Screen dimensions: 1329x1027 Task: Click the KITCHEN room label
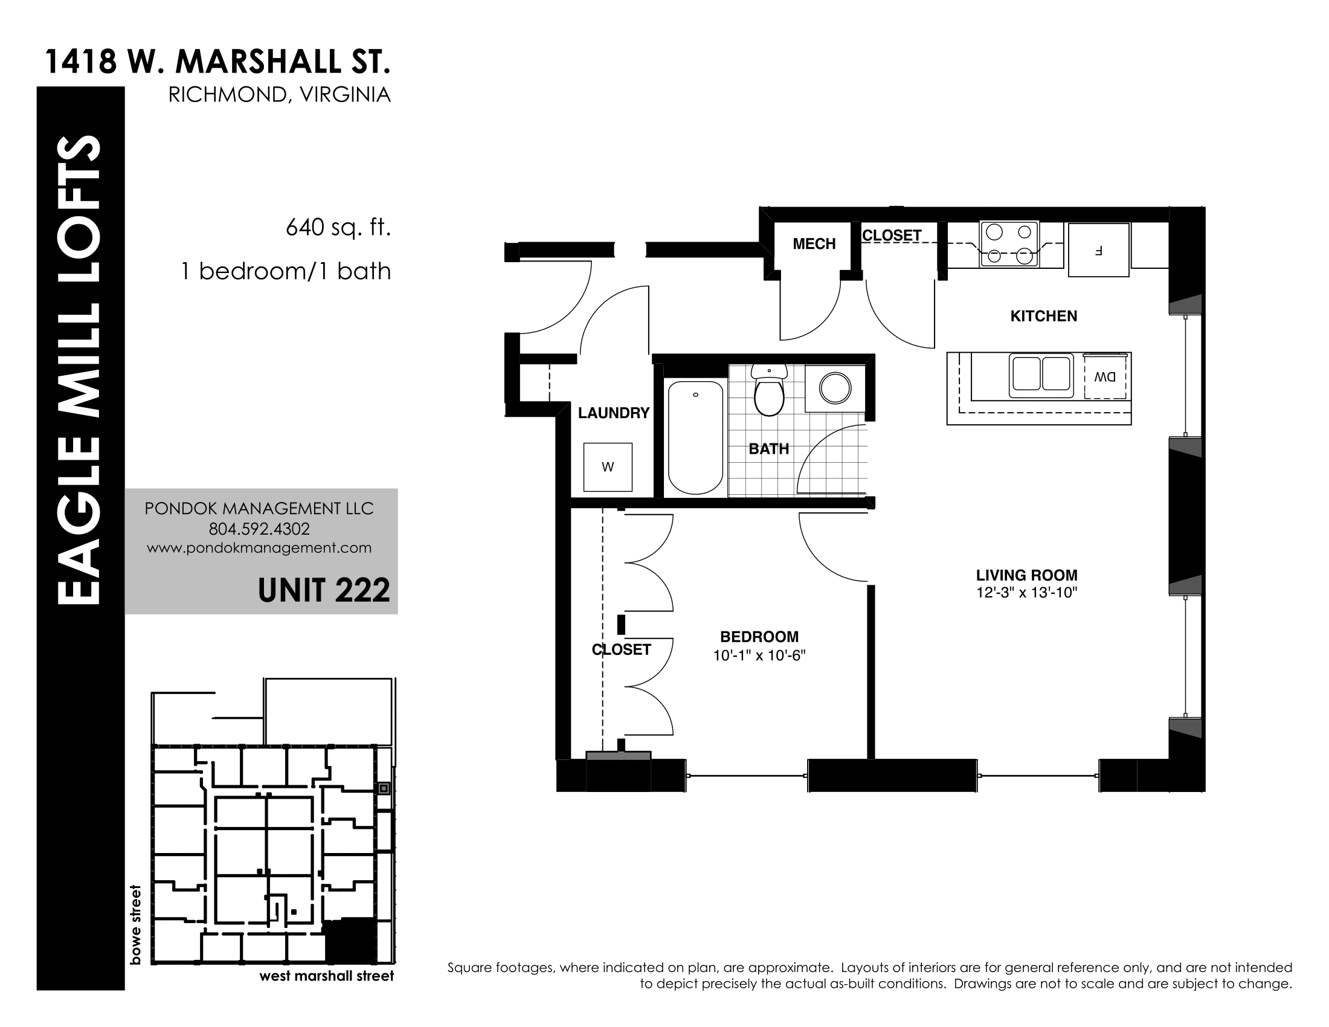[1044, 316]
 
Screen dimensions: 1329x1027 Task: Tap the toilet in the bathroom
[769, 390]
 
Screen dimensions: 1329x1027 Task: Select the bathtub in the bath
[695, 437]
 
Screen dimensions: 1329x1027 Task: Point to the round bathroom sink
[835, 388]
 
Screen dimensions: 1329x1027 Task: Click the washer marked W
[608, 467]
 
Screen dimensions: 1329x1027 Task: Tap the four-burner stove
[1009, 244]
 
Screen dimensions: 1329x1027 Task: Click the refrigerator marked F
[1099, 250]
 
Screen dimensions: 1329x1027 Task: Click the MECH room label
[814, 244]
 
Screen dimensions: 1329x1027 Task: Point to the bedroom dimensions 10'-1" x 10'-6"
[759, 655]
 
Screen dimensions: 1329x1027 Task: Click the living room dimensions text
[1027, 593]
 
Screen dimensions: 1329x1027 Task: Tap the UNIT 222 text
[324, 590]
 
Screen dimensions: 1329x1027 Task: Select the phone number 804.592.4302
[259, 529]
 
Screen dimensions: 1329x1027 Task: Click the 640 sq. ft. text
[338, 228]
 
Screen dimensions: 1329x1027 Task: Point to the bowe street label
[135, 925]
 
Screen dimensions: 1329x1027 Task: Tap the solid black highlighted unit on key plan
[352, 940]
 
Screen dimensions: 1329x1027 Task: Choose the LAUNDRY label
[614, 413]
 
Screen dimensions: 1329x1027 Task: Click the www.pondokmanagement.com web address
[259, 548]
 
